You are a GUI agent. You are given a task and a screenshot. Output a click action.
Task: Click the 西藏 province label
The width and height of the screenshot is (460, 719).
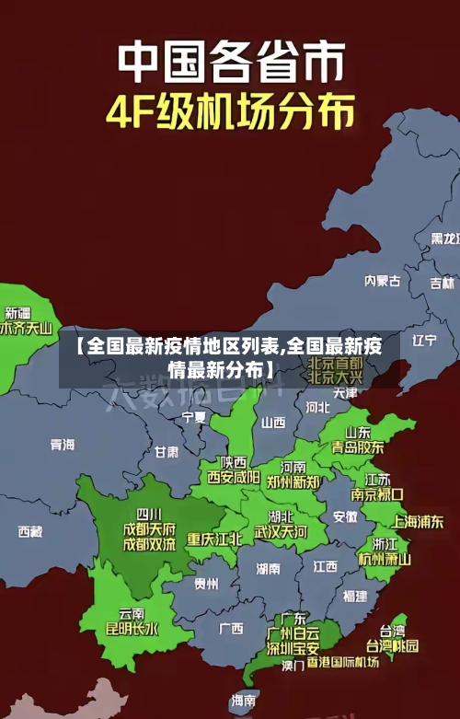(x=29, y=531)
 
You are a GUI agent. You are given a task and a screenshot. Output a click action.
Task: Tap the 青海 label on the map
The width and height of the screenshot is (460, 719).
(x=62, y=445)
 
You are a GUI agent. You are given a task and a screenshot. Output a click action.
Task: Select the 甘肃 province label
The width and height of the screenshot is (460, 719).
(x=167, y=452)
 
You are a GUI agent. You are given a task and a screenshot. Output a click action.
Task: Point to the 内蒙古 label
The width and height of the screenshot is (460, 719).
(x=382, y=255)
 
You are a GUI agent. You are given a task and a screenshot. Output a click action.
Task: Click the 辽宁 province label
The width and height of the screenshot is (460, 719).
(x=424, y=340)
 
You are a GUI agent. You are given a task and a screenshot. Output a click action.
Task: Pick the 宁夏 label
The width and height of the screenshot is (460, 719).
(x=194, y=417)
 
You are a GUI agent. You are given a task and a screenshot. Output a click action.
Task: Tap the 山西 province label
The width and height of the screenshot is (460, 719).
(x=273, y=423)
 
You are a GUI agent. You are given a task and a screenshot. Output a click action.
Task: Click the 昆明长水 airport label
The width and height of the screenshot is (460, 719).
(x=132, y=630)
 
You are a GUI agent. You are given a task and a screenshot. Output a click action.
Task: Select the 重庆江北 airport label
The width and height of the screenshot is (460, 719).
(x=213, y=539)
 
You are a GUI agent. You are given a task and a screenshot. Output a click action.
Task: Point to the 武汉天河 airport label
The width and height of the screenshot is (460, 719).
(x=281, y=531)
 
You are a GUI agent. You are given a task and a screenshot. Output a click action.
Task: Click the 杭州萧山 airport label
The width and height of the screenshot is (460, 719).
(x=385, y=558)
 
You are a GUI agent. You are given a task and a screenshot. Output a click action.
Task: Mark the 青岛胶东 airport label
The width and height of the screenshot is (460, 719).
(x=358, y=446)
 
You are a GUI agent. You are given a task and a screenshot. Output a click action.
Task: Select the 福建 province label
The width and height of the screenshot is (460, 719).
(x=354, y=596)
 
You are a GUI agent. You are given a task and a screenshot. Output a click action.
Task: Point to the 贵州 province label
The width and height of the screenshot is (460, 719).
(x=206, y=584)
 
